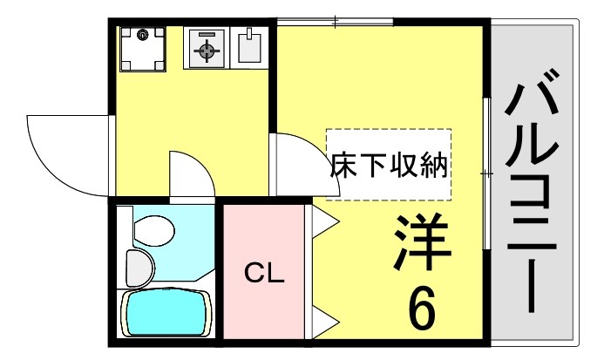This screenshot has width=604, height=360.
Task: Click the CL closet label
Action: click(263, 275)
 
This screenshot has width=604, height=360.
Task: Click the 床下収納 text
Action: click(389, 166)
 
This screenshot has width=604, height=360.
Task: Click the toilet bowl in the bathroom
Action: click(153, 231)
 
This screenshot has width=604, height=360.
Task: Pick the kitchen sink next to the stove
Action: click(250, 49)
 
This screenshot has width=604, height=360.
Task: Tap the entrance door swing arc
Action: click(65, 153)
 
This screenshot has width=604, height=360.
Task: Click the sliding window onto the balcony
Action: click(486, 174)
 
